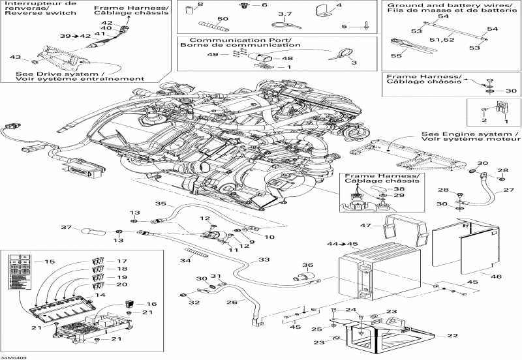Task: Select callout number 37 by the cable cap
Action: tap(65, 228)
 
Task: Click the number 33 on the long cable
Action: tap(263, 260)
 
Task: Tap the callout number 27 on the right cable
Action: tap(509, 191)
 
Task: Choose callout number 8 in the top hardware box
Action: tap(200, 5)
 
